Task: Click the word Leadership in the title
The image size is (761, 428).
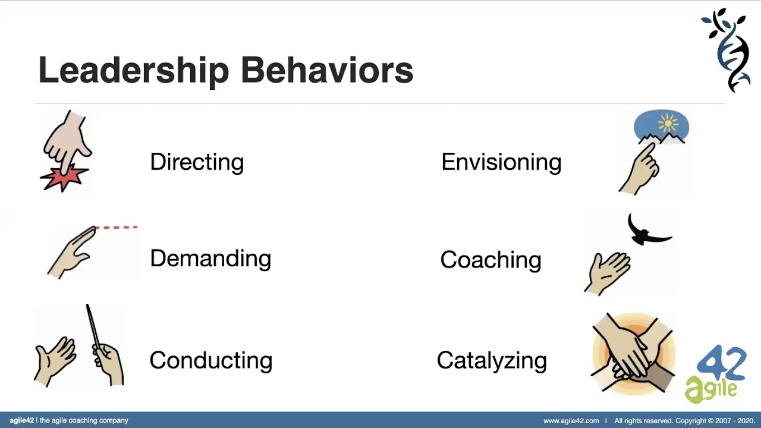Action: (x=133, y=70)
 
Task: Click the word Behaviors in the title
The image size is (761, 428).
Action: (x=326, y=70)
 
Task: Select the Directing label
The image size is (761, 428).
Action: (x=197, y=162)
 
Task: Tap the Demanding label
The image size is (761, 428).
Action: (x=210, y=258)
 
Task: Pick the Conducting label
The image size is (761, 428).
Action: (x=210, y=360)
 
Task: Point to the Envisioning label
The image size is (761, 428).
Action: (x=501, y=162)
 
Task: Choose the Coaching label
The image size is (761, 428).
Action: (x=490, y=260)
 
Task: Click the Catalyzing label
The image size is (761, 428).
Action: (x=492, y=360)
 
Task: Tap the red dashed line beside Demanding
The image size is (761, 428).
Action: (x=117, y=227)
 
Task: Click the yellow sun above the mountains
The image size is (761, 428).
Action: (x=668, y=124)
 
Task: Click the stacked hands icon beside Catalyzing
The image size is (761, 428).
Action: (x=633, y=354)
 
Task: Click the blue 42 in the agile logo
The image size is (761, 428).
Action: (x=722, y=363)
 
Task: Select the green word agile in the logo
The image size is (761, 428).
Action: (x=711, y=389)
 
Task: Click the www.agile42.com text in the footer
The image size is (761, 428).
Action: (x=571, y=421)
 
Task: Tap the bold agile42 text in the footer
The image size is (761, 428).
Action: (x=21, y=420)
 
